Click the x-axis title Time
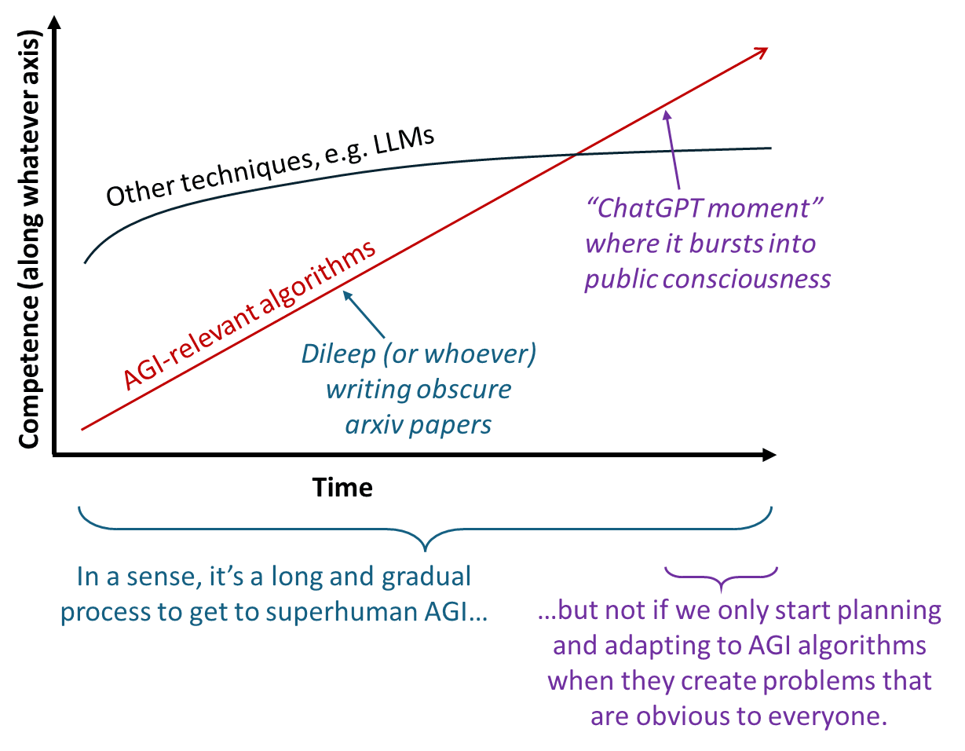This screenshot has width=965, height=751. (343, 488)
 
